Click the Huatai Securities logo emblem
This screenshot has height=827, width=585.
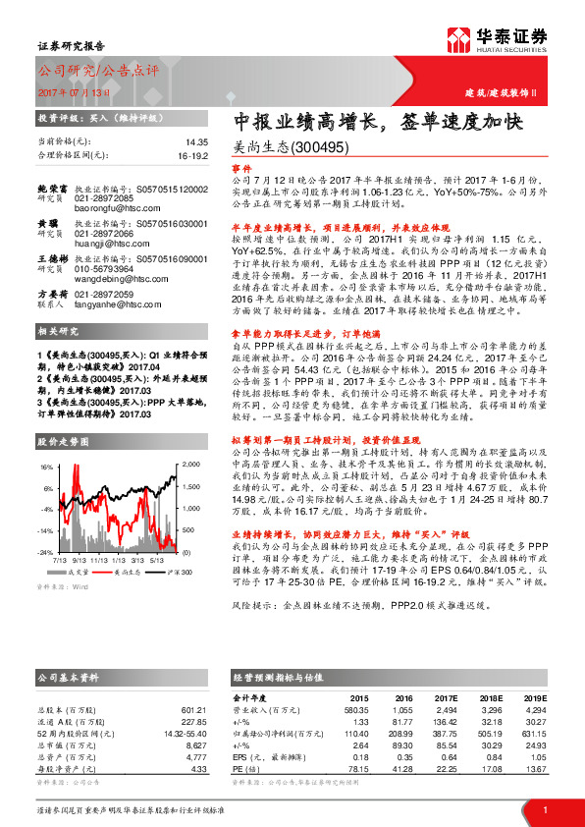(x=458, y=40)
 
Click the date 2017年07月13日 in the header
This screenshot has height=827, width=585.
(x=73, y=92)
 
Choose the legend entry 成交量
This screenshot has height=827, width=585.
(x=79, y=570)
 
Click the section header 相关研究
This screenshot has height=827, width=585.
(x=58, y=333)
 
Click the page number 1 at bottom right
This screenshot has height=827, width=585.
(x=545, y=808)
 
